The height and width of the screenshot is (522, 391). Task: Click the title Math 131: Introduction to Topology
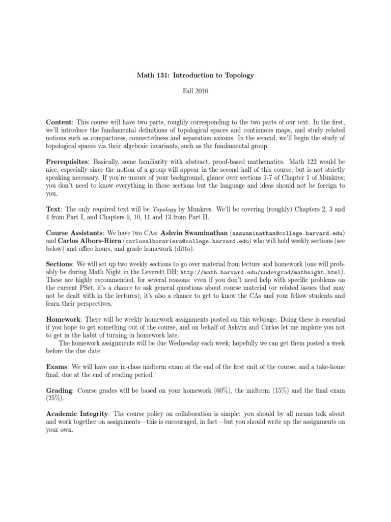(195, 75)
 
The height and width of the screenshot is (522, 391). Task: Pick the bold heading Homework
(63, 319)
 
